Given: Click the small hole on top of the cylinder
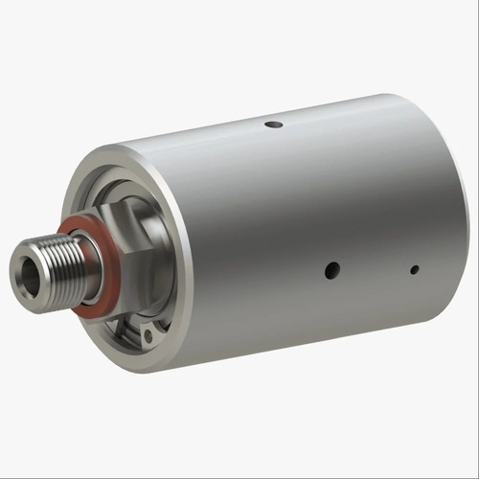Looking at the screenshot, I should [x=274, y=124].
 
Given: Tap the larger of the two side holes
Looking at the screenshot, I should [x=331, y=270].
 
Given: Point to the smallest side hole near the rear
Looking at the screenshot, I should [x=414, y=270].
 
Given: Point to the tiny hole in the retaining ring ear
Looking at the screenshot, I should [x=148, y=336].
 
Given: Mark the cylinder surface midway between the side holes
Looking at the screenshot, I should [x=373, y=270].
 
